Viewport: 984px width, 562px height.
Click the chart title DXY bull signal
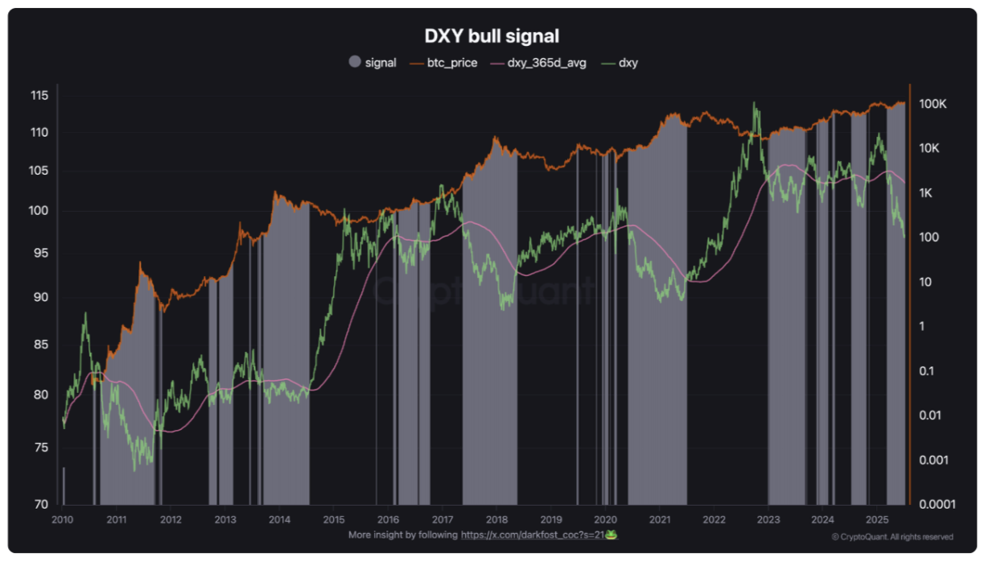tap(491, 36)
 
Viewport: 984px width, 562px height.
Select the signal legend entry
tap(373, 62)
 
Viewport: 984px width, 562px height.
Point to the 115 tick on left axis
tap(39, 96)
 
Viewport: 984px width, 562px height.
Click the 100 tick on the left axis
tap(39, 212)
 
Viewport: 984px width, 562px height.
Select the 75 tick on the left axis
tap(41, 448)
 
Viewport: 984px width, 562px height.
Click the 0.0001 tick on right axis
tap(936, 505)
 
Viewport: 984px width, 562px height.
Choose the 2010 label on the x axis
tap(63, 519)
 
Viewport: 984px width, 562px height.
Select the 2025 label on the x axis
tap(876, 519)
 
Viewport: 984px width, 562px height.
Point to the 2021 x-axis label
tap(660, 519)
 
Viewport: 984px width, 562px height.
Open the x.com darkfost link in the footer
tap(530, 535)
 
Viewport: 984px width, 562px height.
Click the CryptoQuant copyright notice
tap(892, 537)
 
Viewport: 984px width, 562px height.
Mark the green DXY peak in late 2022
tap(754, 103)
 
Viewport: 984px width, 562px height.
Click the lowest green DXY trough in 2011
tap(134, 470)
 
